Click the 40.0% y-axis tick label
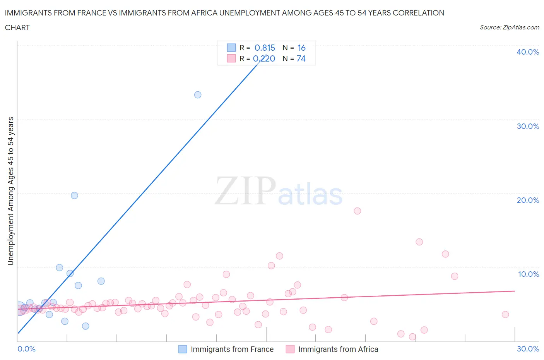click(527, 52)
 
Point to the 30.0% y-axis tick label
click(527, 126)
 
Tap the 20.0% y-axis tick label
click(527, 200)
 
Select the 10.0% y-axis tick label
click(528, 274)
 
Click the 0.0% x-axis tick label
click(26, 349)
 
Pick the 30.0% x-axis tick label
click(528, 349)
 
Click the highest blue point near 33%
click(198, 95)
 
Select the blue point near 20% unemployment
click(74, 195)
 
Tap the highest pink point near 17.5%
click(357, 211)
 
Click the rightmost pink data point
click(505, 314)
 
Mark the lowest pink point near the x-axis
click(412, 337)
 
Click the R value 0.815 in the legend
click(265, 48)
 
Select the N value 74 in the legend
click(301, 58)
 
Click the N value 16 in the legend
click(301, 48)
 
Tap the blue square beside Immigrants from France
click(183, 349)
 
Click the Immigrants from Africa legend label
click(338, 349)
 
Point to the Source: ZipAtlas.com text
click(509, 27)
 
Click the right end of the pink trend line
click(515, 291)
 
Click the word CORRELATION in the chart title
click(418, 13)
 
